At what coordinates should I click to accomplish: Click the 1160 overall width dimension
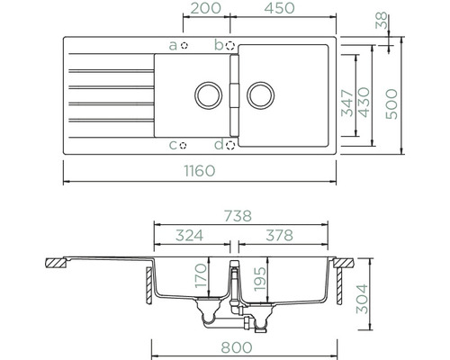[200, 171]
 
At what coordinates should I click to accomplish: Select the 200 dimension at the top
[206, 8]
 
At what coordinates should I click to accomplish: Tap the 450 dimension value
[279, 8]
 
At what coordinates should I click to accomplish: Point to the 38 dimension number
[382, 21]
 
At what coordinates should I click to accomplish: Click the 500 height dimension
[391, 104]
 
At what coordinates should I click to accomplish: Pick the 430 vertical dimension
[364, 103]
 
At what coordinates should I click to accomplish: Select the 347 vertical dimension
[348, 103]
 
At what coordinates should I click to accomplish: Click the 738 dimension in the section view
[238, 216]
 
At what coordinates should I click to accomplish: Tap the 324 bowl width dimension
[189, 236]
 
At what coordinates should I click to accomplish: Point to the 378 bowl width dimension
[279, 236]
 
